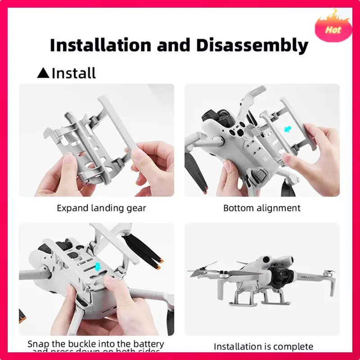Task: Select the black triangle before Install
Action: (x=43, y=72)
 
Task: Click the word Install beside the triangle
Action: (x=74, y=72)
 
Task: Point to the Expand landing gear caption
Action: (x=101, y=208)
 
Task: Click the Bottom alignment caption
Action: (x=262, y=208)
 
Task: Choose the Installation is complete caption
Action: (x=263, y=346)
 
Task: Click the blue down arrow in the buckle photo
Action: (x=98, y=267)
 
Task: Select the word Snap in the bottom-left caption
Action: (x=39, y=344)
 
